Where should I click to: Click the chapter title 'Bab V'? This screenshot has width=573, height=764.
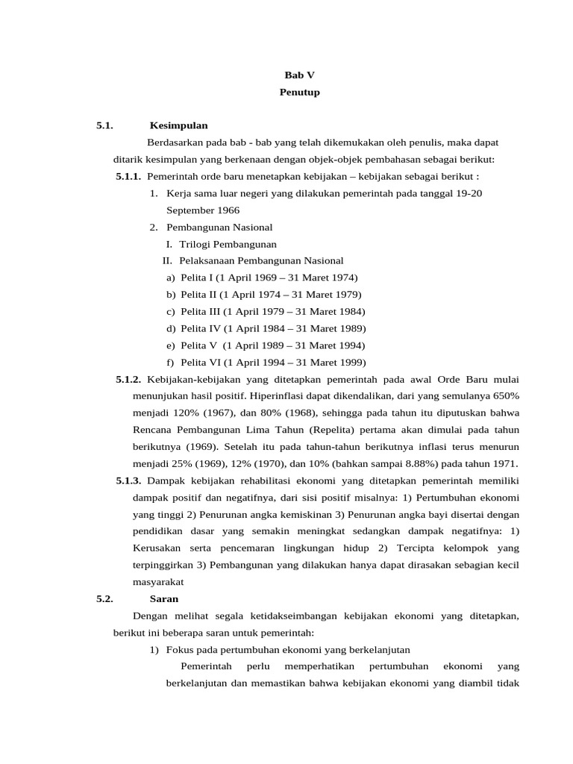[299, 75]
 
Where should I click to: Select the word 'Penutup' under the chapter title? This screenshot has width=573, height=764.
[299, 93]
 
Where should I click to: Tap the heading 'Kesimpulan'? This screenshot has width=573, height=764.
[178, 125]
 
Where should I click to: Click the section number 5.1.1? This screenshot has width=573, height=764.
[128, 176]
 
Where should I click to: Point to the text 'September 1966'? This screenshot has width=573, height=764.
[203, 210]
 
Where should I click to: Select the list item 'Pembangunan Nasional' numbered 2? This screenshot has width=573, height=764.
[219, 227]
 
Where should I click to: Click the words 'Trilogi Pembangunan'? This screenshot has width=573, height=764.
[228, 244]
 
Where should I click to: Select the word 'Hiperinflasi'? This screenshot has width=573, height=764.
[275, 395]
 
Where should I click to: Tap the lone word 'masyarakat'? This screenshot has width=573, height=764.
[158, 582]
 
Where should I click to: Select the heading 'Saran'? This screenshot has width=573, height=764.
[164, 599]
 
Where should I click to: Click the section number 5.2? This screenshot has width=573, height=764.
[104, 599]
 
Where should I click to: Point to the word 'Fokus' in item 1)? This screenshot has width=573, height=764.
[179, 650]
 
